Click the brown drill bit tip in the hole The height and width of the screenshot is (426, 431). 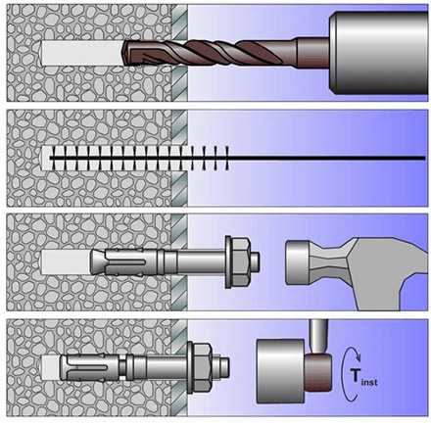[126, 53]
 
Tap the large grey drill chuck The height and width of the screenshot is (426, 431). [378, 54]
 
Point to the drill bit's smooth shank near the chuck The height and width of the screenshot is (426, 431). [312, 53]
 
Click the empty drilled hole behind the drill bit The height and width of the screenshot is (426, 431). [81, 53]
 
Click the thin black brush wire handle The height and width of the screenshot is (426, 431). [326, 158]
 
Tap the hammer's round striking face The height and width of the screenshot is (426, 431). [297, 261]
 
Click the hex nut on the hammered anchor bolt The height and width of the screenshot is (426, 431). [242, 261]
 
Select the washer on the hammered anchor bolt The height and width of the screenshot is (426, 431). [228, 261]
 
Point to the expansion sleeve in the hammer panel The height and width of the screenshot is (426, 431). [124, 261]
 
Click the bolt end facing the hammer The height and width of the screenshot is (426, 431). [257, 261]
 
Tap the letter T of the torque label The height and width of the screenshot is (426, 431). [356, 375]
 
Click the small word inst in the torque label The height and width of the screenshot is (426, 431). [369, 381]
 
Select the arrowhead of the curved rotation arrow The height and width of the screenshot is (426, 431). [358, 357]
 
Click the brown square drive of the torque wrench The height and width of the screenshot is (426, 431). [318, 372]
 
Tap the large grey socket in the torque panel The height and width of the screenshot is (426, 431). [281, 370]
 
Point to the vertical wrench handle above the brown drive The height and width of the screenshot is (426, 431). [318, 336]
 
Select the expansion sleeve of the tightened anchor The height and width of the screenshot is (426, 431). [89, 367]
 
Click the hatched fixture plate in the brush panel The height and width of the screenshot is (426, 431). [179, 158]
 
